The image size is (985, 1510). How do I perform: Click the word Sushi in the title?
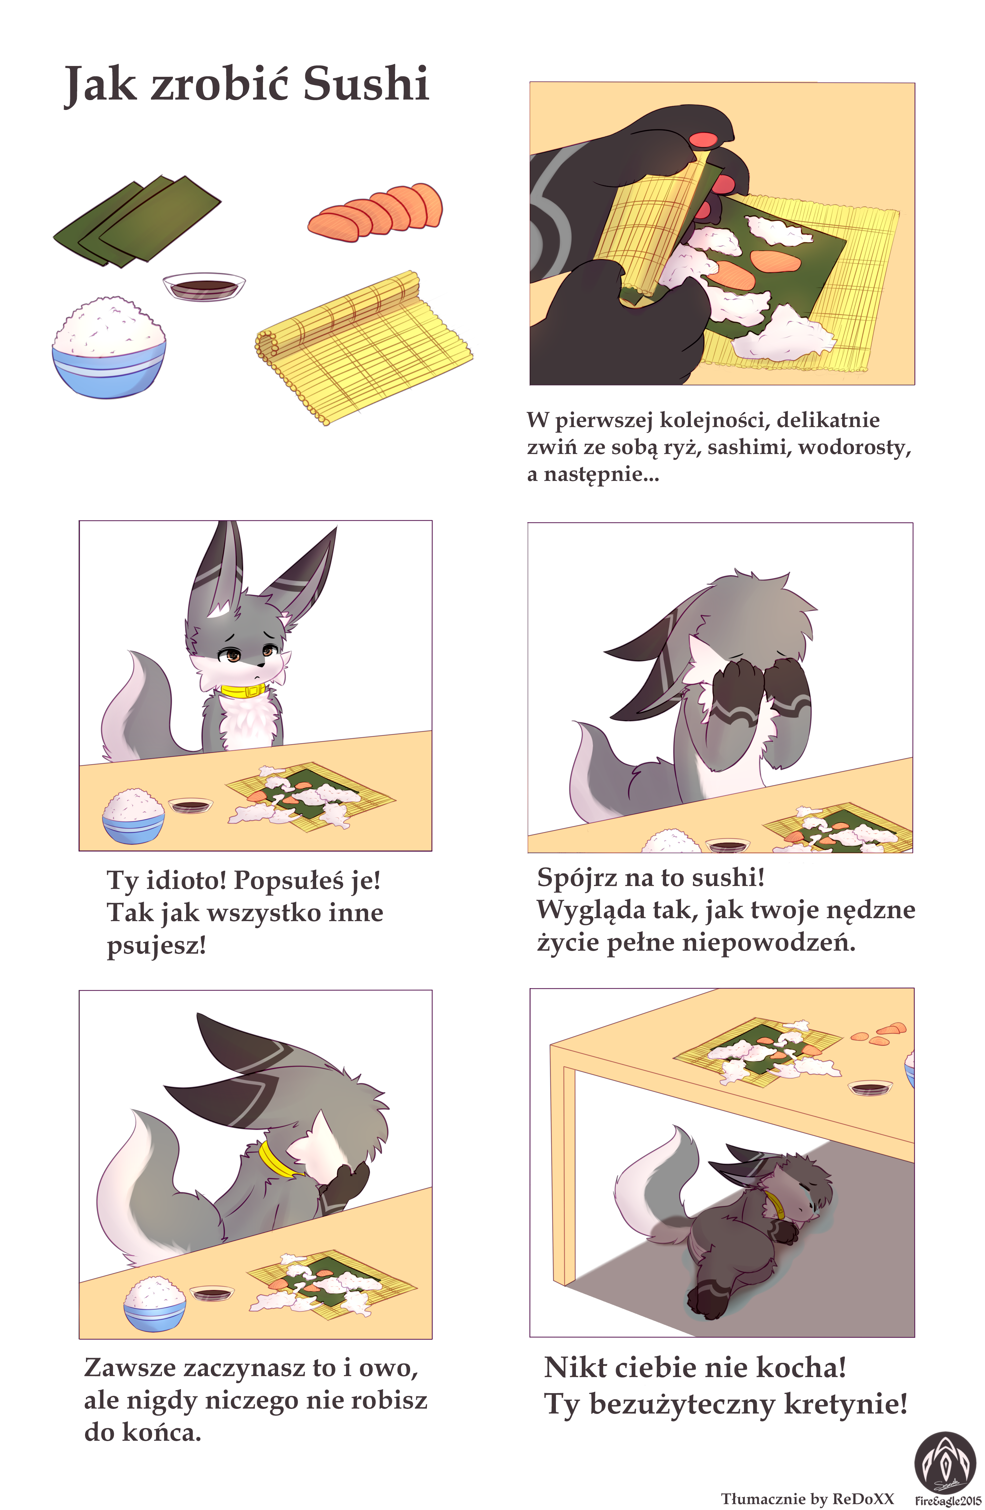pyautogui.click(x=365, y=83)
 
